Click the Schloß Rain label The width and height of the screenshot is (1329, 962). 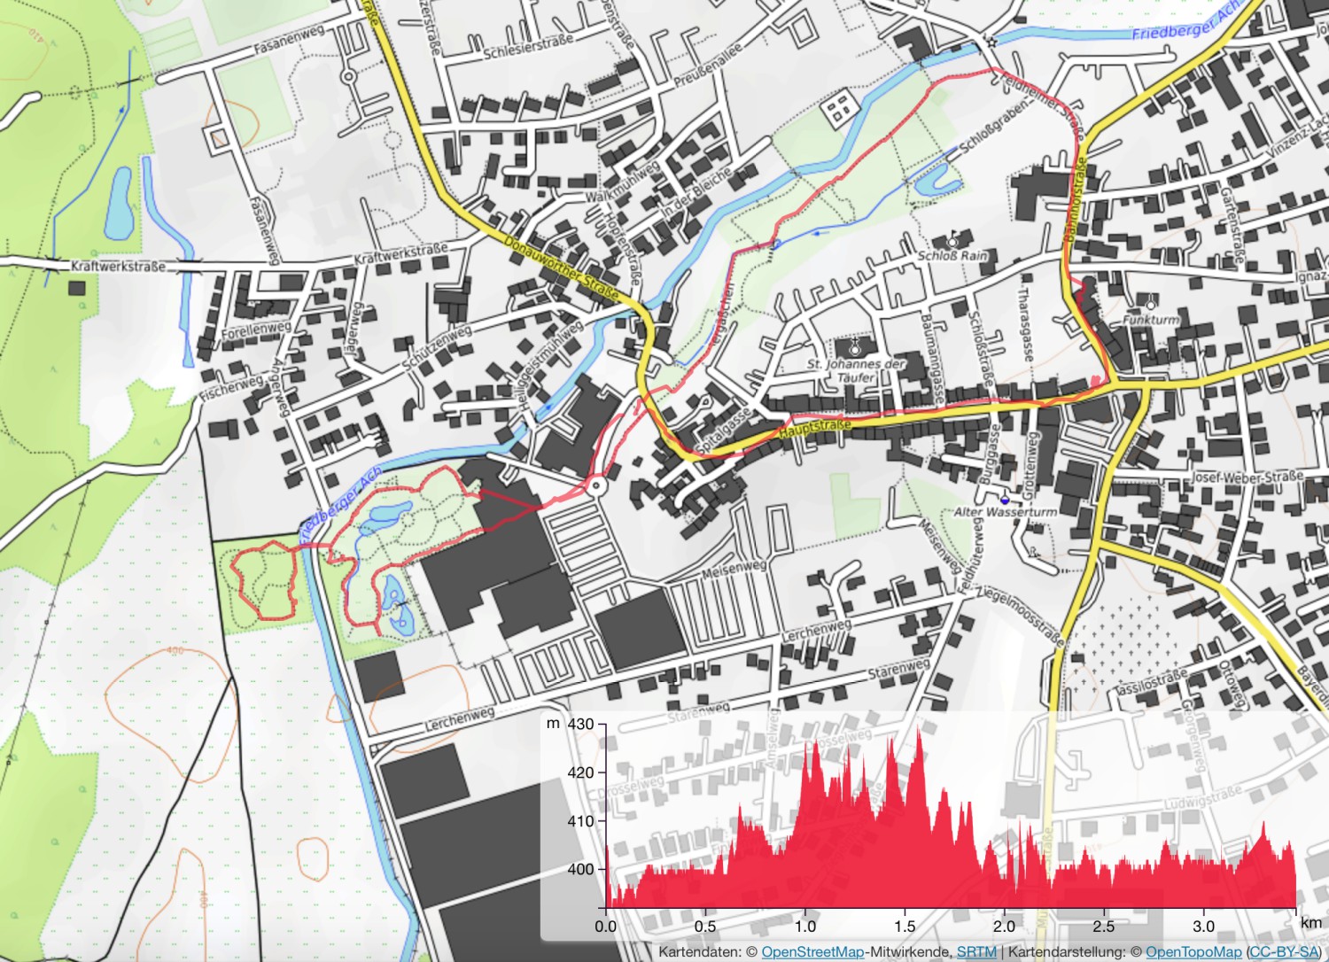(952, 255)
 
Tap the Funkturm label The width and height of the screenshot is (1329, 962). (1151, 320)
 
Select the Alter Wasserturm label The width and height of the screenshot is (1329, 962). (1005, 512)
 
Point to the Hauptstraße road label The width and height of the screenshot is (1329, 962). (815, 429)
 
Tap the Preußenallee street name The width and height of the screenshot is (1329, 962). (708, 66)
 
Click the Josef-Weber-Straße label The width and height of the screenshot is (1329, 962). (1247, 477)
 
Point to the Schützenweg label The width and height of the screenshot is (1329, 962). (437, 349)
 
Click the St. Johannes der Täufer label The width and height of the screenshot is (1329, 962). (856, 370)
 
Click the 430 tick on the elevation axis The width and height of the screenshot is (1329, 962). (580, 724)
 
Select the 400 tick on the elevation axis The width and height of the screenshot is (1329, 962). (580, 869)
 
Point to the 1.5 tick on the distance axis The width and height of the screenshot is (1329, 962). (905, 926)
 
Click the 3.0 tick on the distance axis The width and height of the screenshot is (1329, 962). (1203, 926)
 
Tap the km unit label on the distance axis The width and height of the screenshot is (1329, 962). (1310, 922)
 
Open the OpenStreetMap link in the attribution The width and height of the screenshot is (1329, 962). (812, 951)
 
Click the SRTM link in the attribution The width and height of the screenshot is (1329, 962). (976, 951)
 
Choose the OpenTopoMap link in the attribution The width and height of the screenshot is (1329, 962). (1193, 951)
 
